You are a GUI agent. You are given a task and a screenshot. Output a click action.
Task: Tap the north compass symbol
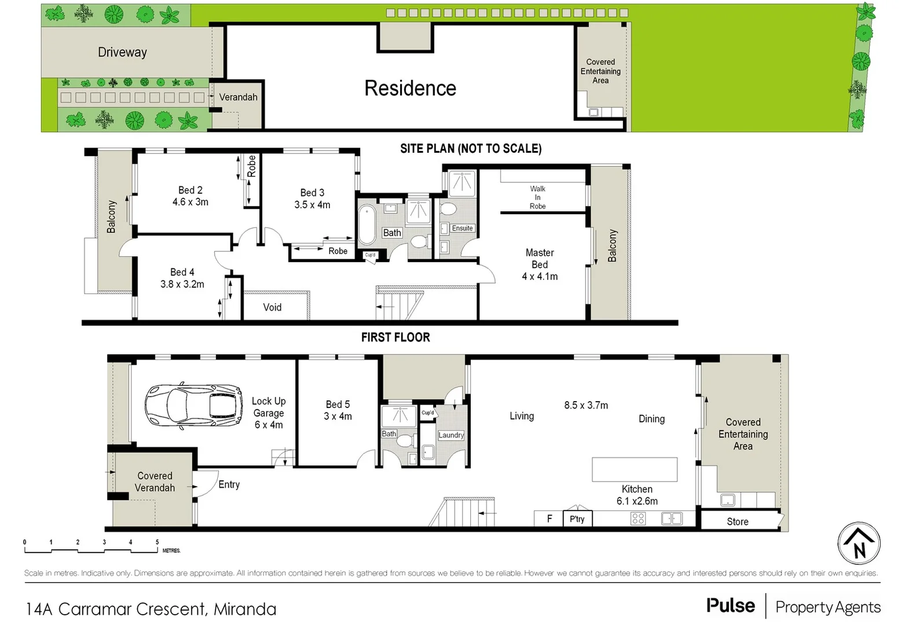tap(859, 543)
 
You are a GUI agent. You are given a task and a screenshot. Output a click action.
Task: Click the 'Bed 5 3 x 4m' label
tap(338, 410)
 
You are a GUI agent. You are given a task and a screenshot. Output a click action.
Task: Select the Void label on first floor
tap(272, 307)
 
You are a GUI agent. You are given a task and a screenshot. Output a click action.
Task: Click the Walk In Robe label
tap(537, 197)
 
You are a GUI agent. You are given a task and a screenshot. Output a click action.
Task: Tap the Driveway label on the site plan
tap(122, 52)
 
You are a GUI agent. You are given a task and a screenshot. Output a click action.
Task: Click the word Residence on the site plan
tap(410, 89)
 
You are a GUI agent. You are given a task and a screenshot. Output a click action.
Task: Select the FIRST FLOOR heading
tap(395, 337)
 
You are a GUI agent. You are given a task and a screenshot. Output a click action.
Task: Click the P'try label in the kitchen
tap(577, 519)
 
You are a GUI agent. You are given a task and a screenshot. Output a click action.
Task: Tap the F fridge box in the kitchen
tap(549, 519)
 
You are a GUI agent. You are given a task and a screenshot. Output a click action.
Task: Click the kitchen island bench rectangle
tap(635, 469)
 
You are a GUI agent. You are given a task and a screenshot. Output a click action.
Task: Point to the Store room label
tap(737, 521)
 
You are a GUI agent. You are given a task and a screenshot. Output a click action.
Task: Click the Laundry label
tap(451, 435)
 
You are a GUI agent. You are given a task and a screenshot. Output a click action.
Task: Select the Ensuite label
tap(462, 228)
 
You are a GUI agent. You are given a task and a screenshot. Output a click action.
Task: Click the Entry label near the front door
tap(229, 484)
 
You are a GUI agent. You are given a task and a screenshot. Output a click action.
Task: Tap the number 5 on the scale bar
tap(157, 542)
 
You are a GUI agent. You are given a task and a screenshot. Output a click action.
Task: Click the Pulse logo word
tap(730, 605)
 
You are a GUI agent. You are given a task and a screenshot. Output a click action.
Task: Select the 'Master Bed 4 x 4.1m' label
tap(540, 264)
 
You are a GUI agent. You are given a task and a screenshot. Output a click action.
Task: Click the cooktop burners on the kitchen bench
tap(638, 519)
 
